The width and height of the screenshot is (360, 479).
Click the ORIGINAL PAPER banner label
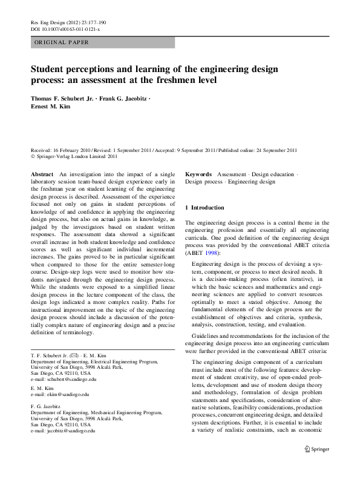pos(61,42)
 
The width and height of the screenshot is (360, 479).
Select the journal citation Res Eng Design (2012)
pos(56,22)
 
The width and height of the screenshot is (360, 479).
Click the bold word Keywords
pos(198,173)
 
